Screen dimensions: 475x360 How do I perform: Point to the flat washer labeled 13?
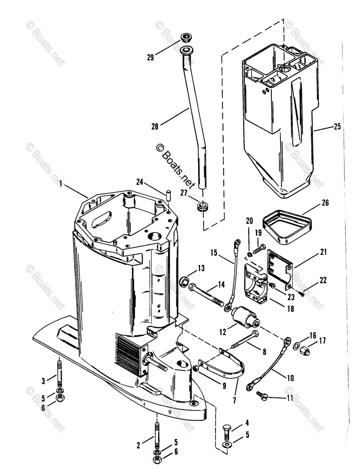click(x=185, y=282)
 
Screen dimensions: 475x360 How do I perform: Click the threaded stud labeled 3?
click(x=59, y=372)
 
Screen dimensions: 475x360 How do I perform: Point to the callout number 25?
click(x=337, y=127)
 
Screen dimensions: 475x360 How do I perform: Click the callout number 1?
click(x=61, y=183)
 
